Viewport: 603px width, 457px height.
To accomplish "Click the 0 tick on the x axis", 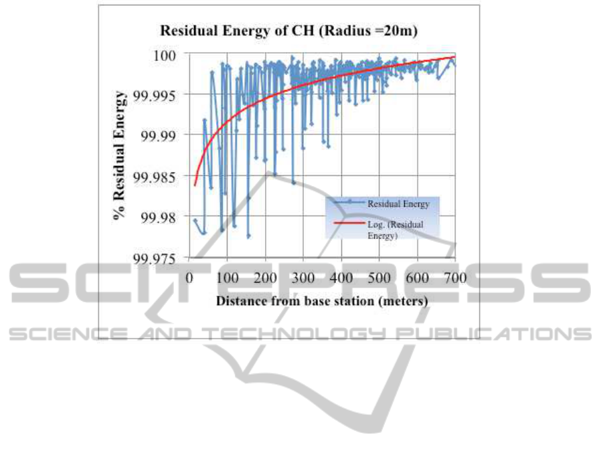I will [x=189, y=277].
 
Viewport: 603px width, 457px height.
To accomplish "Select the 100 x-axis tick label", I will [x=228, y=277].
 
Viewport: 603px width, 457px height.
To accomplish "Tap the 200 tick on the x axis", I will [x=266, y=277].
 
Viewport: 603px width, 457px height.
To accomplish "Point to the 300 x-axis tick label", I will [x=304, y=277].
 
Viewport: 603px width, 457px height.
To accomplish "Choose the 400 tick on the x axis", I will [x=341, y=277].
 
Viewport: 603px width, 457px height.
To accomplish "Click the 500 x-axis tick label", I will [x=379, y=277].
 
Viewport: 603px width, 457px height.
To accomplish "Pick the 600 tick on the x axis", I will [x=418, y=277].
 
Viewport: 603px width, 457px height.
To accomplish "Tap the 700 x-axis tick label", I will [x=455, y=277].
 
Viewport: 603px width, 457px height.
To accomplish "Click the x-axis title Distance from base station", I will [x=322, y=301].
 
